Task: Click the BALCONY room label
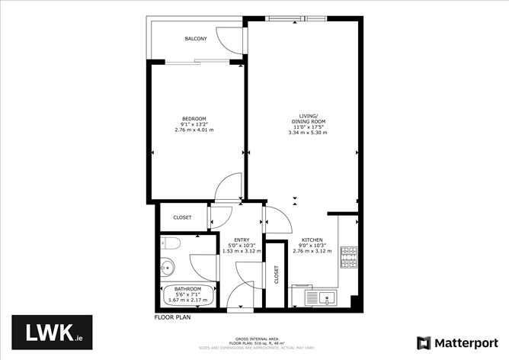[x=196, y=39]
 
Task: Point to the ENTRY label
[x=242, y=239]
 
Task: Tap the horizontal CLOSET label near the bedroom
[x=182, y=217]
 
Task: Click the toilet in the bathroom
[x=170, y=244]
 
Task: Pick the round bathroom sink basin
[x=168, y=268]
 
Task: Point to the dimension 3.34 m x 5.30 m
[x=307, y=133]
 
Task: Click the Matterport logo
[x=455, y=342]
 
